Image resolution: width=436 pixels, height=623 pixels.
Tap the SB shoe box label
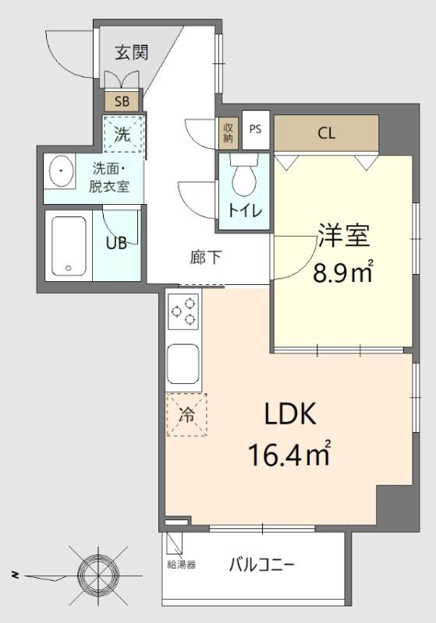click(x=122, y=100)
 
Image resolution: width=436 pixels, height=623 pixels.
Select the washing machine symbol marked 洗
click(x=123, y=133)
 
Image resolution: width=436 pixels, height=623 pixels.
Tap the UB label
click(x=116, y=242)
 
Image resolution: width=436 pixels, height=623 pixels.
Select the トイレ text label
click(x=244, y=210)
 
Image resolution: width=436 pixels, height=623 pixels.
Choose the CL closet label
click(x=326, y=132)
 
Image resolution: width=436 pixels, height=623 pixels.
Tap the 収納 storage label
click(x=229, y=132)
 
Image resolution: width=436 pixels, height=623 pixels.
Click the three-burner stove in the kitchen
click(x=183, y=312)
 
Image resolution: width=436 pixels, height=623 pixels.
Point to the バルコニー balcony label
click(x=261, y=565)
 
